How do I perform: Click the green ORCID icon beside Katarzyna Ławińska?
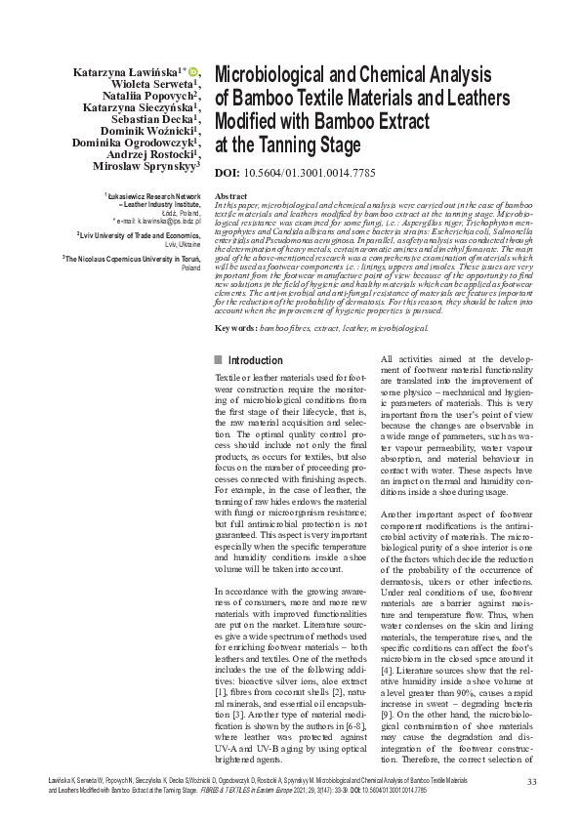[192, 70]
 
